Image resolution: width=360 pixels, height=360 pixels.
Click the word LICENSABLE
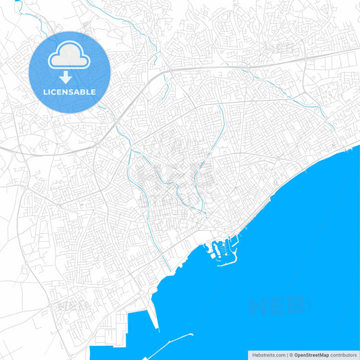pos(70,92)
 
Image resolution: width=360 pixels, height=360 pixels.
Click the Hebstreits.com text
pos(268,354)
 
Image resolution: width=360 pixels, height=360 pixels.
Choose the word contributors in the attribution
pos(344,354)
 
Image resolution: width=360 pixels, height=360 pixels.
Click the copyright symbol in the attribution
pos(290,354)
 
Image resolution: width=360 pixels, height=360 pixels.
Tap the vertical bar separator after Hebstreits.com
pos(286,354)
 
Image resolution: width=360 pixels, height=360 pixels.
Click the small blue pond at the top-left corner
pos(18,5)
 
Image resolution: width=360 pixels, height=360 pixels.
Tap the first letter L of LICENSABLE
pos(45,92)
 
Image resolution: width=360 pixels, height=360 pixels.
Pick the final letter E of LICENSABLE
pos(94,92)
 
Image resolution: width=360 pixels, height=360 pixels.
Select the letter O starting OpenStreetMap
pos(296,354)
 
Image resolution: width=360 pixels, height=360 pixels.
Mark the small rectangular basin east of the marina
pos(237,243)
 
